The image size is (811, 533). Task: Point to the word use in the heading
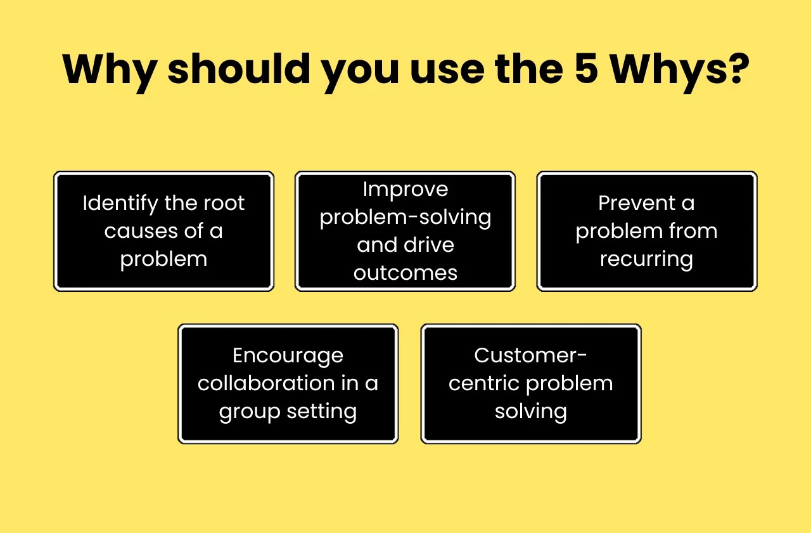[444, 69]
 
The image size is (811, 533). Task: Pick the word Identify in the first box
[120, 204]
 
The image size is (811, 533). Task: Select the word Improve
[405, 189]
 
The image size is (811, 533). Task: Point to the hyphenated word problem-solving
[405, 218]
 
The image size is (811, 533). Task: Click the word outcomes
[405, 273]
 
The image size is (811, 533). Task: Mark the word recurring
[646, 259]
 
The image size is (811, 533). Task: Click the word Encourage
[288, 356]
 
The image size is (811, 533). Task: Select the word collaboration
[266, 383]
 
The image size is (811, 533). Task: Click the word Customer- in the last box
[531, 355]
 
